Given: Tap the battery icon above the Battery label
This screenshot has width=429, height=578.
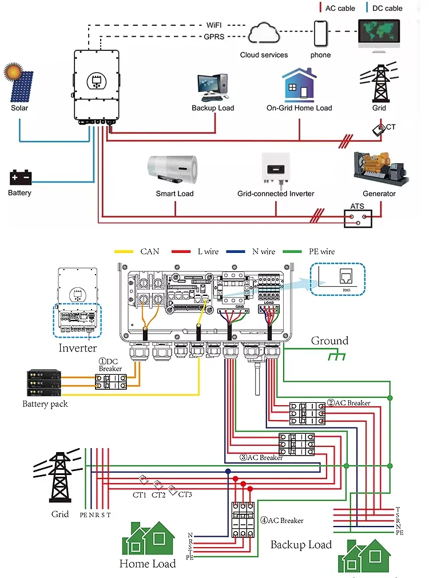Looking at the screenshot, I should pos(20,176).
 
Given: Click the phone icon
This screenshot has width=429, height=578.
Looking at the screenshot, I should pos(320,34).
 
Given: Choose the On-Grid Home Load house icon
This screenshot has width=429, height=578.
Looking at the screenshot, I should pos(299,85).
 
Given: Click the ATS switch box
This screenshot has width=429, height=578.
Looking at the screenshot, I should pos(357,218).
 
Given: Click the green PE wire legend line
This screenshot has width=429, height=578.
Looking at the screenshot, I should pos(304,251).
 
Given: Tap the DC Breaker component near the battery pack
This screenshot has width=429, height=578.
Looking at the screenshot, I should pos(111,382).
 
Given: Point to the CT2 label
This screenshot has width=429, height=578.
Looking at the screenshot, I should pos(158,495).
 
